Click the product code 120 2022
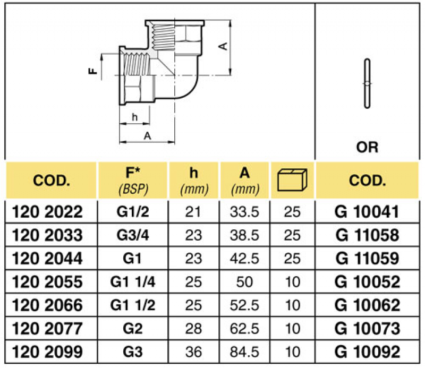click(x=47, y=212)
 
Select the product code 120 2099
click(x=47, y=352)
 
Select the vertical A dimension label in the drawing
click(x=224, y=47)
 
